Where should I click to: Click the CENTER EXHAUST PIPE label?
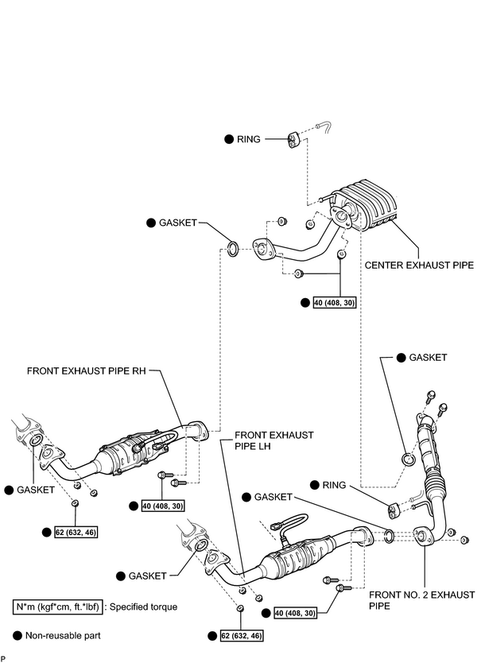[x=419, y=265]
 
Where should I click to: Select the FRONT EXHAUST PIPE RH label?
[x=87, y=370]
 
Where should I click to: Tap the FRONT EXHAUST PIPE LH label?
[x=274, y=440]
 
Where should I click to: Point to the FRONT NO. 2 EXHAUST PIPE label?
[x=422, y=600]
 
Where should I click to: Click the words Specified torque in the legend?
[x=143, y=607]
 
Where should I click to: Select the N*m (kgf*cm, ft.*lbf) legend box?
[x=57, y=607]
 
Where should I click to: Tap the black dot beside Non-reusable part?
[x=17, y=635]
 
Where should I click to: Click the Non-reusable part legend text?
[x=63, y=635]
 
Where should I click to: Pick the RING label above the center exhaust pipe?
[x=249, y=139]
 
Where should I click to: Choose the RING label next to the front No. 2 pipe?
[x=334, y=485]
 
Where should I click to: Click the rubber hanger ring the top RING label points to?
[x=293, y=141]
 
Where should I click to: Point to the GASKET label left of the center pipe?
[x=178, y=223]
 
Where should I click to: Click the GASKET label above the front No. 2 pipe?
[x=428, y=357]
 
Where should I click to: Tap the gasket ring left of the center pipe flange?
[x=233, y=248]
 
